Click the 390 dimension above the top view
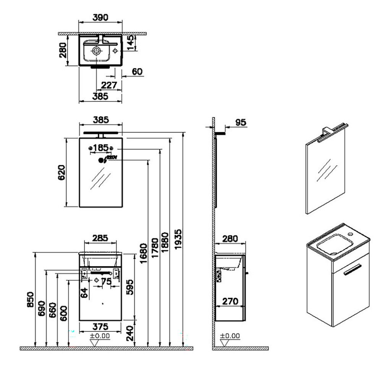(x=100, y=17)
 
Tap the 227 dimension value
(x=109, y=85)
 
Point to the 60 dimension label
(x=137, y=71)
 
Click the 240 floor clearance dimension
(x=130, y=332)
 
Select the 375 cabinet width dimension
(x=100, y=326)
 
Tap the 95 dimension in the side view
(x=240, y=123)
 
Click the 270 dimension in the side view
(x=230, y=301)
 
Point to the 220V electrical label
(x=111, y=157)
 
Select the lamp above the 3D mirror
(x=332, y=131)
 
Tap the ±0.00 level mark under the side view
(x=230, y=336)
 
